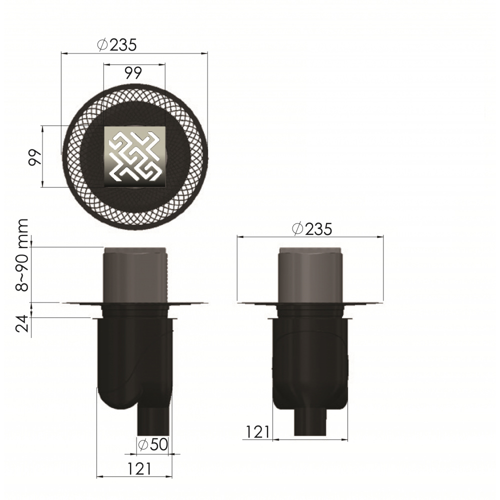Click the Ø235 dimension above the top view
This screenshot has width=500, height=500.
117,44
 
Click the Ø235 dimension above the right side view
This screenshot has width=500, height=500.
312,228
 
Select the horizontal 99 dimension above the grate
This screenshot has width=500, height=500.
133,73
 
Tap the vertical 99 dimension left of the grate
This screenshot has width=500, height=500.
35,157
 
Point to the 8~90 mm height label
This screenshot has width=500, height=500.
22,255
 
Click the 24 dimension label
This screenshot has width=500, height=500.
22,323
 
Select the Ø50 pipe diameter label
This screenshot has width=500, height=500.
153,444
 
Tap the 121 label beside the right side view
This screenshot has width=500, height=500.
257,432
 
